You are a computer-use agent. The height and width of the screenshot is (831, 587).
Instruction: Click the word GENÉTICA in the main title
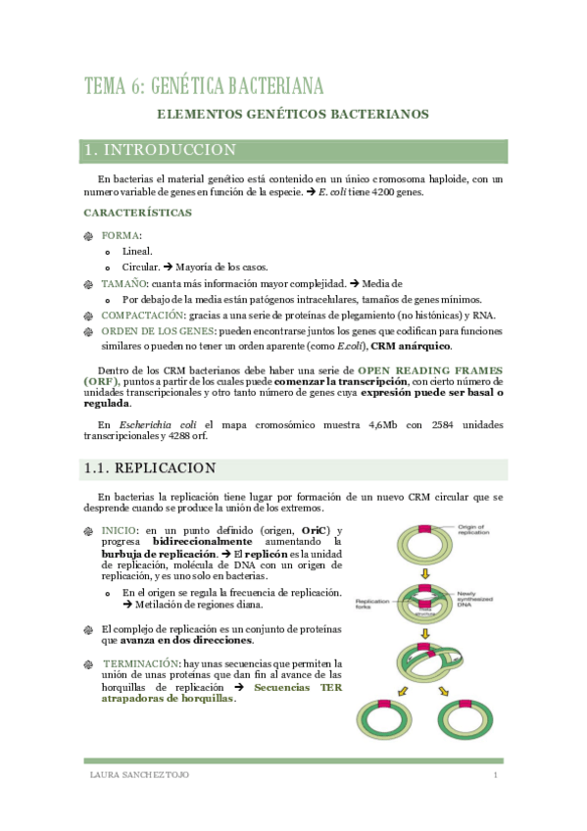[203, 85]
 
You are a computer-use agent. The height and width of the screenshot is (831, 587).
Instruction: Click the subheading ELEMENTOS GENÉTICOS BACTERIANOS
[294, 115]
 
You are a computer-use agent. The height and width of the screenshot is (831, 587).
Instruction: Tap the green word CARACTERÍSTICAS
[137, 213]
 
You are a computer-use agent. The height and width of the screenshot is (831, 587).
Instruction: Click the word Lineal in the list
[137, 251]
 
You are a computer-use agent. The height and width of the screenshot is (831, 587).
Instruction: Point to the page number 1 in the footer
[496, 776]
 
